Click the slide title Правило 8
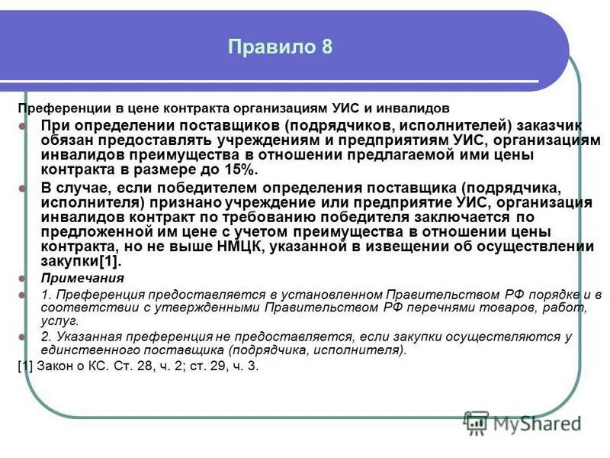pyautogui.click(x=280, y=47)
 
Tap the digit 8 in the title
pyautogui.click(x=326, y=47)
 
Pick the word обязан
pyautogui.click(x=66, y=140)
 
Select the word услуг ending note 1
pyautogui.click(x=57, y=321)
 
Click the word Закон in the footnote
pyautogui.click(x=54, y=366)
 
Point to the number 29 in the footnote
pyautogui.click(x=208, y=366)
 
